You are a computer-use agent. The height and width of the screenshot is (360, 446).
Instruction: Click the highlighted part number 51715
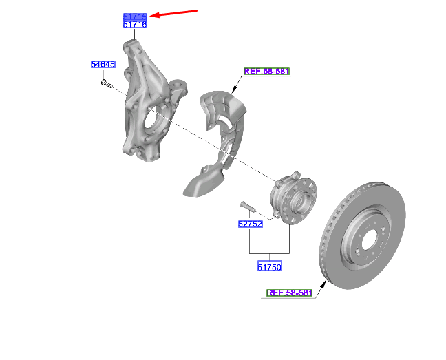click(x=135, y=16)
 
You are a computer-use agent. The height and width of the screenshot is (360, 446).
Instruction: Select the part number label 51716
click(x=135, y=25)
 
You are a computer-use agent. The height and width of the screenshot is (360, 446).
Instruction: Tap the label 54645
click(x=103, y=65)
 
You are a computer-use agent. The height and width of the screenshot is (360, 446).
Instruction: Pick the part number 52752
click(x=251, y=224)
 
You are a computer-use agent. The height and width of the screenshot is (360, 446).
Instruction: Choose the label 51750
click(x=270, y=266)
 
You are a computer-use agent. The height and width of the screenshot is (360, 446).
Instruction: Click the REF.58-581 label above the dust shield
click(x=267, y=71)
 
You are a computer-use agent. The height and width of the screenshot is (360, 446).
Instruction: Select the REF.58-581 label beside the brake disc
click(x=289, y=293)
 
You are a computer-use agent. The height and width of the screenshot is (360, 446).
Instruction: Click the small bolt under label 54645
click(x=106, y=83)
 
